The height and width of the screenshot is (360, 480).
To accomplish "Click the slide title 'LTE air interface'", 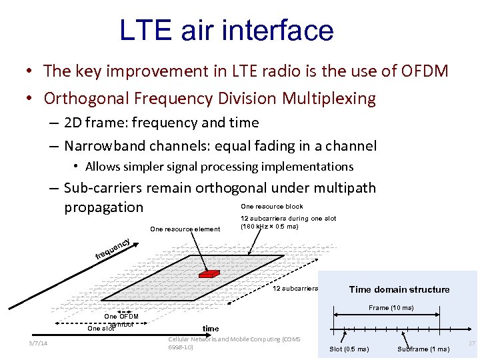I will point(226,31).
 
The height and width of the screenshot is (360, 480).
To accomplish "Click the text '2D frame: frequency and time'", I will point(162,123).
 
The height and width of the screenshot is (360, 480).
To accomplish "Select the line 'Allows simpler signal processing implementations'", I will point(219,167).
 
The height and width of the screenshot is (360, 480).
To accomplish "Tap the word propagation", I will point(103,207).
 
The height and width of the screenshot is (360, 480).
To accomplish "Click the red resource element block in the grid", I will point(209,273).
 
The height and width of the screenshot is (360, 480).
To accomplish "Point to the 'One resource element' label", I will point(185,229).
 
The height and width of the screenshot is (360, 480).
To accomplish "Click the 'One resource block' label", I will point(271,207).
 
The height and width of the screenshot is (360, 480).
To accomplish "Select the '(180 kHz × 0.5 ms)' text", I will point(269,227).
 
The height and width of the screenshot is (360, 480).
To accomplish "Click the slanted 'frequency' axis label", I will point(111,249).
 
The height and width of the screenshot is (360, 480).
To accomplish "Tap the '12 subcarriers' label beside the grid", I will point(295,289).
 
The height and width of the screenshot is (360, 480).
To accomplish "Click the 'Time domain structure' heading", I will point(399,289).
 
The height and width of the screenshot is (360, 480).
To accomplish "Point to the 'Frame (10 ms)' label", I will point(391,308).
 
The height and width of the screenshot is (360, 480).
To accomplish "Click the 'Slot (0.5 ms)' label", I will point(349,349).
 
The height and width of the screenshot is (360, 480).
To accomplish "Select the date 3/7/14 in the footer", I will point(38,343).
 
